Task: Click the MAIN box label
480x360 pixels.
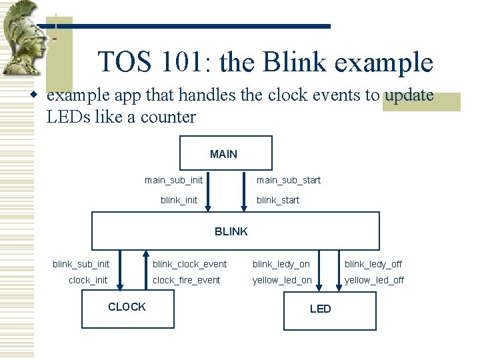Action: coord(223,154)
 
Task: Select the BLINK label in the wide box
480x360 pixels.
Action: coord(231,231)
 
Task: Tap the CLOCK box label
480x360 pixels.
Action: coord(127,307)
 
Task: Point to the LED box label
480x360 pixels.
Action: coord(320,309)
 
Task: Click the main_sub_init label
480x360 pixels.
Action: coord(173,180)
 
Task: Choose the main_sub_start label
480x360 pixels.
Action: coord(289,180)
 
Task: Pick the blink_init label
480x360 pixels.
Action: coord(179,200)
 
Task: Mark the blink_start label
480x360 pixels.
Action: coord(278,200)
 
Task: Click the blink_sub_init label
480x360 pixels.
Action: coord(81,265)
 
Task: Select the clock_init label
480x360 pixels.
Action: coord(87,280)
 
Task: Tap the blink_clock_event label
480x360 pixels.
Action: coord(189,265)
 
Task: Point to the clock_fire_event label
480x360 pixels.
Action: coord(186,280)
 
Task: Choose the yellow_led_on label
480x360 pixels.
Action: coord(281,280)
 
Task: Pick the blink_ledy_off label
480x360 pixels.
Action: coord(373,265)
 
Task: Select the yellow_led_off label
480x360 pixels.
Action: coord(374,280)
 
